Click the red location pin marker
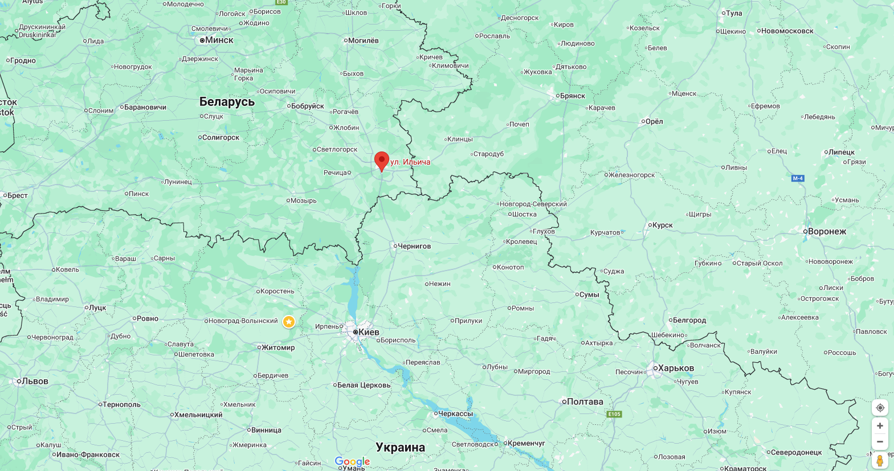click(382, 161)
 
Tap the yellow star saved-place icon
click(289, 322)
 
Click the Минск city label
click(219, 40)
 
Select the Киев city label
click(368, 332)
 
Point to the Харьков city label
click(676, 368)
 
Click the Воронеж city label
click(827, 231)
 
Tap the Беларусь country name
click(227, 102)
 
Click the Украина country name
click(400, 448)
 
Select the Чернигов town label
click(414, 246)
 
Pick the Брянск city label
click(572, 96)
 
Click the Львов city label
click(35, 381)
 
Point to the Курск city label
click(662, 225)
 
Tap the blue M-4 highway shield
click(798, 178)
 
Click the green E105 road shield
click(614, 414)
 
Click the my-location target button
click(880, 408)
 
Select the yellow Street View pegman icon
click(880, 460)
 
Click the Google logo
click(352, 461)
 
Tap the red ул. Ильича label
click(410, 162)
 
